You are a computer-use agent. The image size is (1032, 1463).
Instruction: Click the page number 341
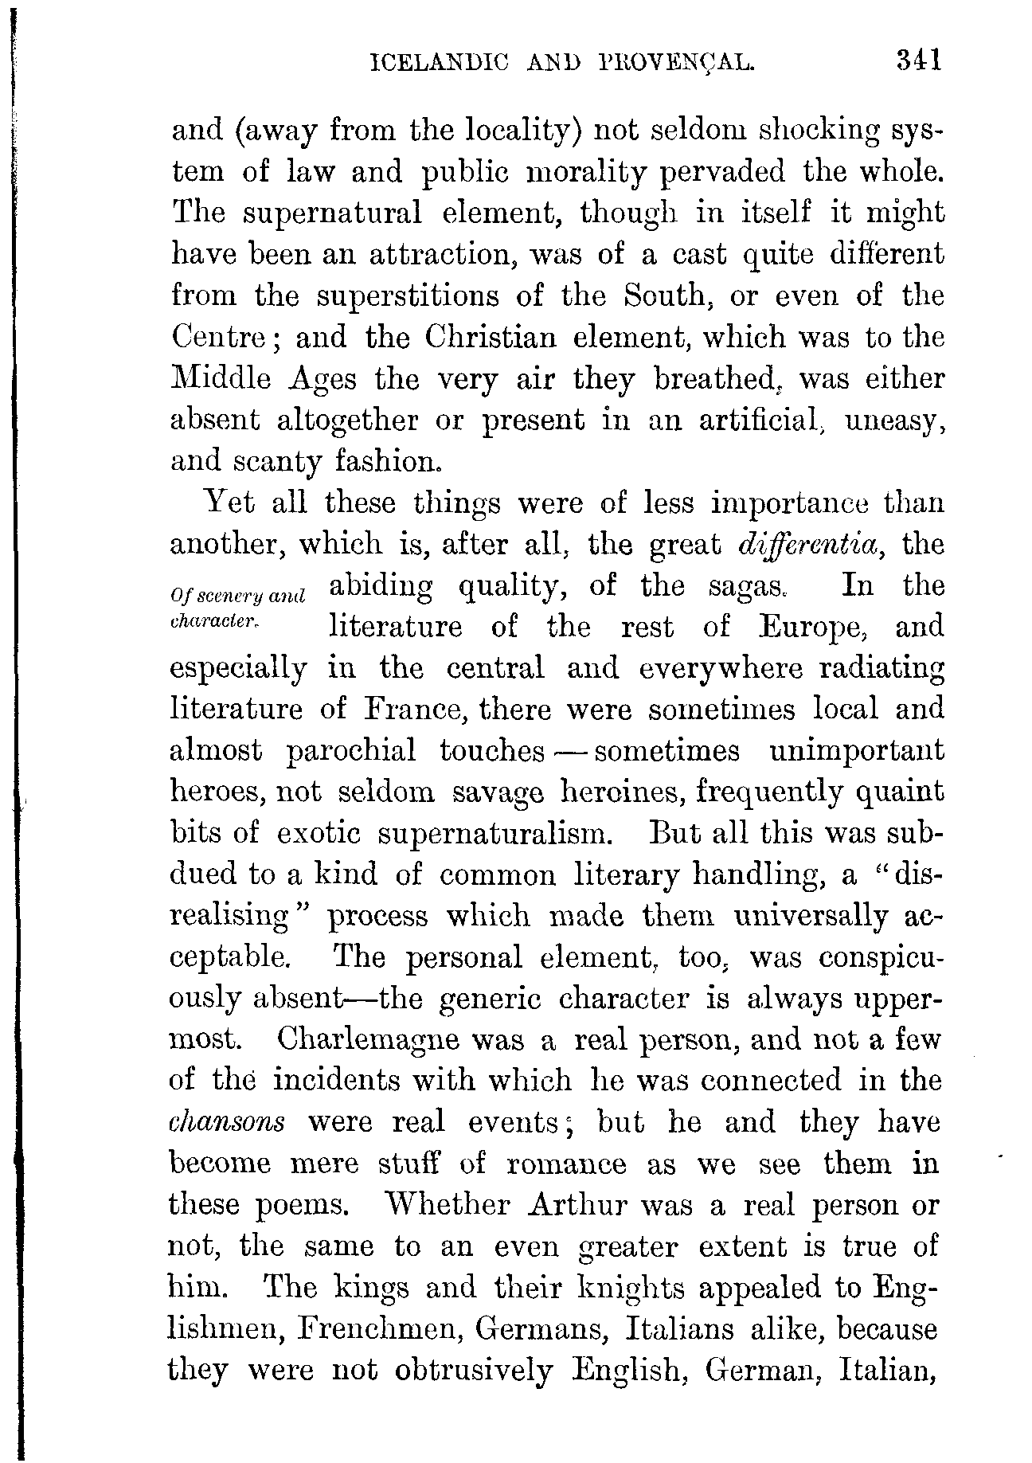(918, 61)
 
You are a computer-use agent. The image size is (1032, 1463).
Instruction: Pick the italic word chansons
(228, 1122)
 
